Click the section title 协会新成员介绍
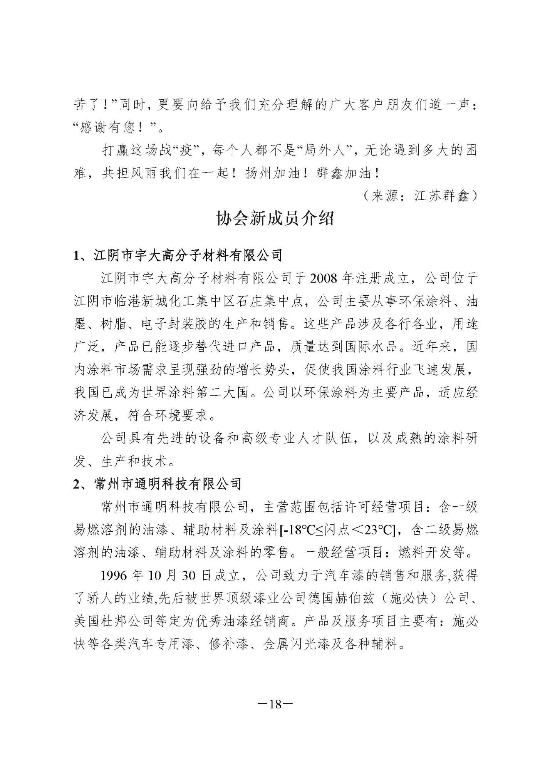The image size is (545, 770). (x=275, y=219)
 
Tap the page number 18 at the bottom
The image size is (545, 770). (x=275, y=705)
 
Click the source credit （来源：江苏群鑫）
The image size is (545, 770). (x=420, y=196)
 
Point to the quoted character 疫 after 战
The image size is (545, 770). (x=186, y=151)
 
